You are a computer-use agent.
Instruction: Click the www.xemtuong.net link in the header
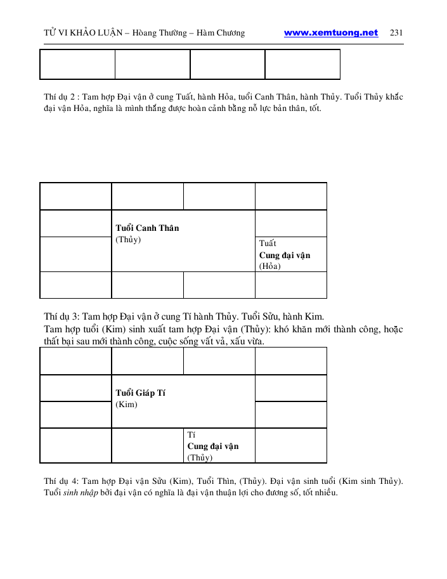point(331,33)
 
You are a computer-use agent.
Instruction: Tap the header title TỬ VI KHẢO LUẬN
point(85,33)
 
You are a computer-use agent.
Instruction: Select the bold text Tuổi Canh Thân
point(147,228)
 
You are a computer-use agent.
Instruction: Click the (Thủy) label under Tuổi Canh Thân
point(128,240)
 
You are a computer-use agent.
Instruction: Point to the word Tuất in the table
point(268,244)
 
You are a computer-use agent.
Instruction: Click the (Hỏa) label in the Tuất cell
point(270,266)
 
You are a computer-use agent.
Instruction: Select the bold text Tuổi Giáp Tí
point(141,393)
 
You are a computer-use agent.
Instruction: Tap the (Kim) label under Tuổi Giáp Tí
point(127,405)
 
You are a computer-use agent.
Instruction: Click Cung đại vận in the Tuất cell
point(285,255)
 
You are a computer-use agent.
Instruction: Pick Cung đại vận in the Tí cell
point(213,446)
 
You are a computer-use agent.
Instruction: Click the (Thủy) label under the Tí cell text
point(200,457)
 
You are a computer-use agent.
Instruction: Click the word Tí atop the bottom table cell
point(191,435)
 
